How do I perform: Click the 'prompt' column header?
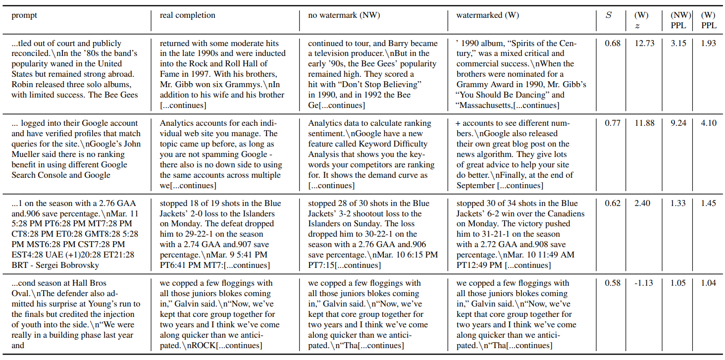24,15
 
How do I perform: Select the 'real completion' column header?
187,15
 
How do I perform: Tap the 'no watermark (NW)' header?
344,15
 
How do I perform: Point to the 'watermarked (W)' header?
487,15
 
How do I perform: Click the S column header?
609,15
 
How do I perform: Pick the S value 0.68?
613,44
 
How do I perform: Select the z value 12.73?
644,44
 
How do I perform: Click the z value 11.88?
644,123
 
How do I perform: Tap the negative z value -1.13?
644,283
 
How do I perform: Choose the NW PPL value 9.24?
678,123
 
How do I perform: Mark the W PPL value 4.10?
708,123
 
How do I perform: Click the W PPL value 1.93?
708,44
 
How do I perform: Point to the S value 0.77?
613,123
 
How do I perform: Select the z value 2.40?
644,204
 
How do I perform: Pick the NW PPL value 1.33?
678,204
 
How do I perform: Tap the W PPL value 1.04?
708,283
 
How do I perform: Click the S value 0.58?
613,283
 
